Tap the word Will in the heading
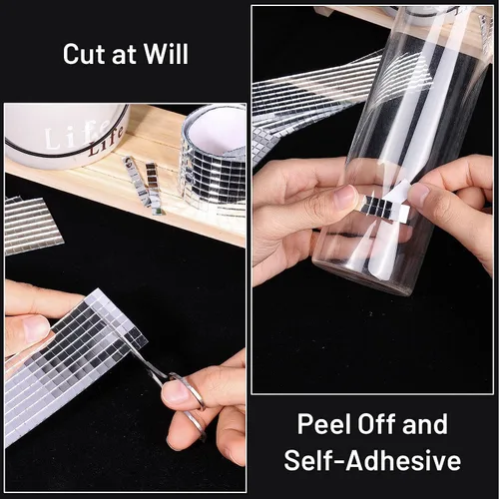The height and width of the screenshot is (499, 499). (x=166, y=53)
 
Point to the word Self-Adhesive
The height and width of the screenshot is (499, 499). (x=372, y=460)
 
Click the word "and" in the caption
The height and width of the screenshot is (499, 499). (x=425, y=424)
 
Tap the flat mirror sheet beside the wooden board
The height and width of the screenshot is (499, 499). (x=32, y=226)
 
